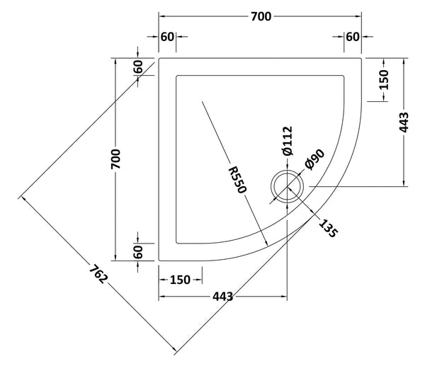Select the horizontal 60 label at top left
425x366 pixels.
pos(167,37)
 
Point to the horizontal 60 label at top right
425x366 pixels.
pos(353,37)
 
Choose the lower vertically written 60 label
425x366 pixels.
pos(138,251)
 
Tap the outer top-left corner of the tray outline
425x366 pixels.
pos(159,58)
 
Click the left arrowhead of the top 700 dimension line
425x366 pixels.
pos(161,16)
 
